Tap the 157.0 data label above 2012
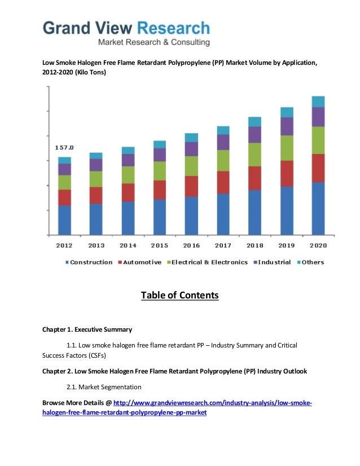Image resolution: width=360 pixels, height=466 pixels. point(64,147)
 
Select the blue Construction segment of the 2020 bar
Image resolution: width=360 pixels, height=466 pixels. point(318,208)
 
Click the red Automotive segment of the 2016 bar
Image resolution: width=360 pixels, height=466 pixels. point(191,186)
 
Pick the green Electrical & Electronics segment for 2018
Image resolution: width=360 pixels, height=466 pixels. point(254,155)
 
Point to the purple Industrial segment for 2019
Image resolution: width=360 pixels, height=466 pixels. point(287,126)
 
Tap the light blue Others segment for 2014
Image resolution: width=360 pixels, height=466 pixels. point(128,151)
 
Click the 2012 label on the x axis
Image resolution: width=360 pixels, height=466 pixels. point(64,245)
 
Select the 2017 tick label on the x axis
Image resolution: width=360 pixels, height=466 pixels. point(223,245)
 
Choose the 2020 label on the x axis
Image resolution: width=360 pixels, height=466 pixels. point(318,245)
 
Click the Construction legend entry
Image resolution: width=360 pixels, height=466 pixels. point(90,262)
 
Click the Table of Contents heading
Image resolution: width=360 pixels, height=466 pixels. point(179,296)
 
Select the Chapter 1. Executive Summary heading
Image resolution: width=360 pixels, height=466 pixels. point(87,329)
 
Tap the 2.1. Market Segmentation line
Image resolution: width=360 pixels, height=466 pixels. point(104,387)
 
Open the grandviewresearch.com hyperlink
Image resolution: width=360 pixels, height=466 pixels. point(212,403)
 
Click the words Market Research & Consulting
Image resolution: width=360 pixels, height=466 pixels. point(153,42)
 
